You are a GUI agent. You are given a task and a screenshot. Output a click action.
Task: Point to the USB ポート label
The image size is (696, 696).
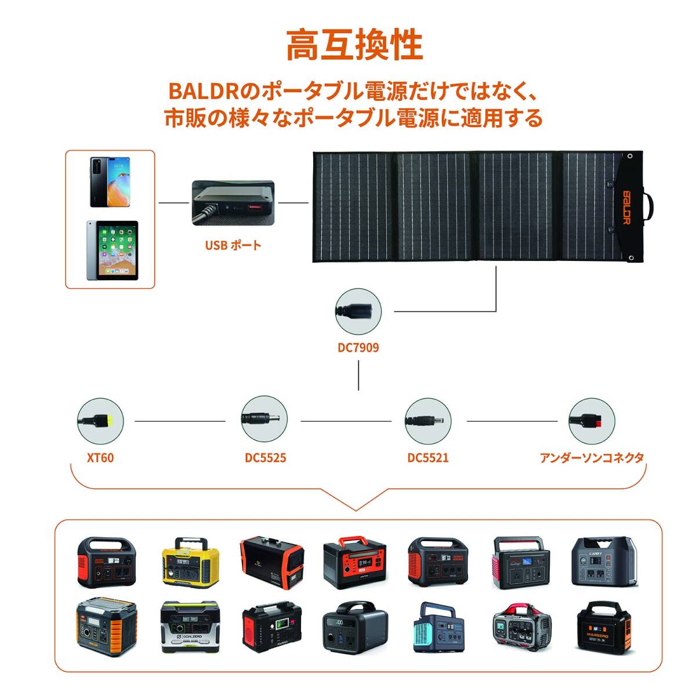tap(233, 245)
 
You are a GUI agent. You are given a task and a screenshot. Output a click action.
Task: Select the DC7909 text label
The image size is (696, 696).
tap(358, 348)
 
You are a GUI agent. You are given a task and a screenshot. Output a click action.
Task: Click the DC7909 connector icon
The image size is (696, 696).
tap(358, 311)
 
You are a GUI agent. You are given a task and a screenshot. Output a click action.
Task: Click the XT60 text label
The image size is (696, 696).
tap(100, 458)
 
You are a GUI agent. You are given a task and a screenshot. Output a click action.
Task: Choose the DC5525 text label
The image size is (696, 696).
tap(265, 458)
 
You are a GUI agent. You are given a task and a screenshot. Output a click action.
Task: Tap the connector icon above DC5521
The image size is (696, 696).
tap(427, 420)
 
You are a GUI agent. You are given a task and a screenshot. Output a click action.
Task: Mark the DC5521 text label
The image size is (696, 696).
tap(427, 458)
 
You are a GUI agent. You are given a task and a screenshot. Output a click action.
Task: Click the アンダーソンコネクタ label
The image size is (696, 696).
tap(592, 458)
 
